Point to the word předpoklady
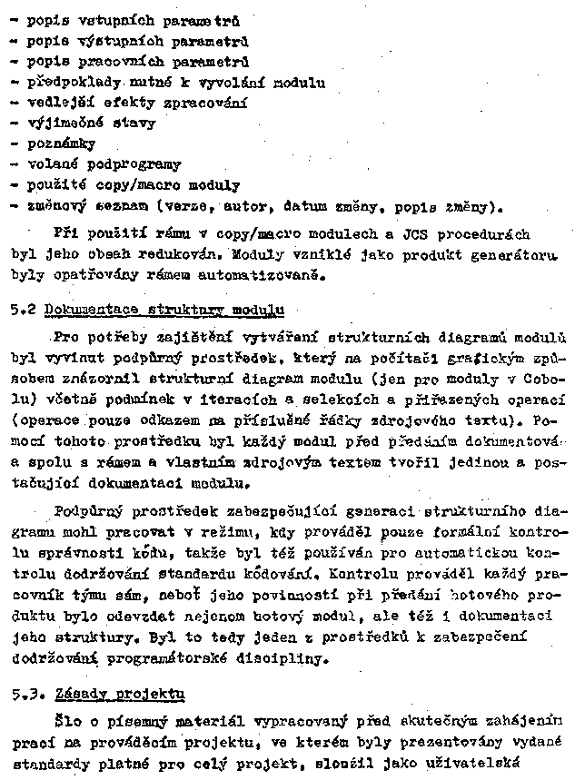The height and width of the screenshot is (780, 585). (70, 82)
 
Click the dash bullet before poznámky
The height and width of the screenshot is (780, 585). (14, 143)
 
